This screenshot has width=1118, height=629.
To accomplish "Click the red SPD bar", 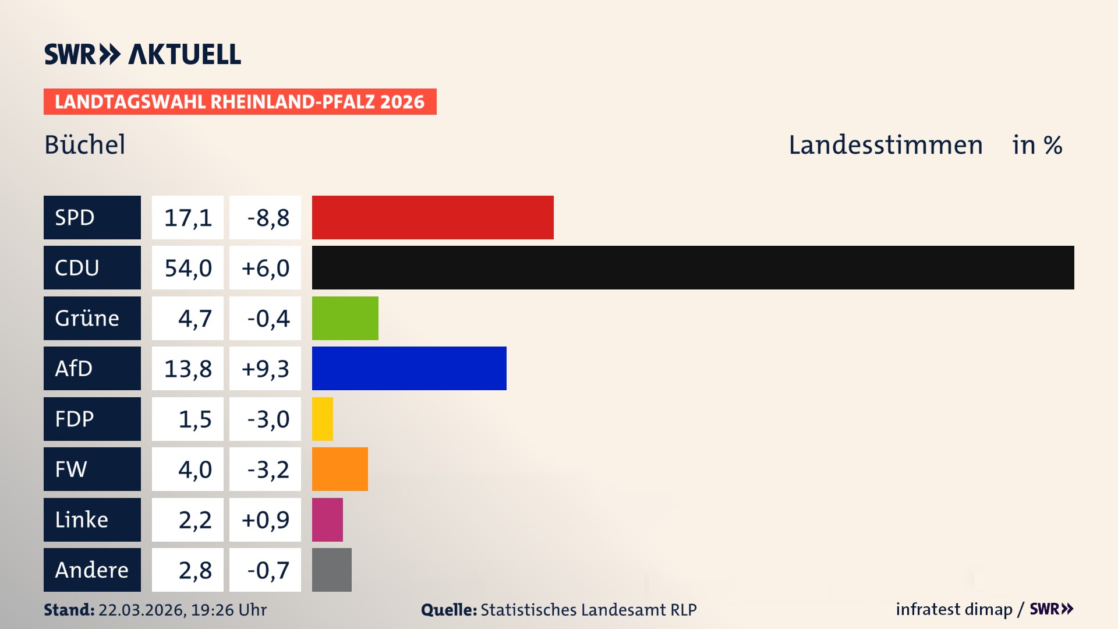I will (x=433, y=217).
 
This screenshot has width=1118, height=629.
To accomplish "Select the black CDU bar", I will (x=693, y=267).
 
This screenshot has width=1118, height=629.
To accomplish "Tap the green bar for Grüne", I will (x=345, y=318).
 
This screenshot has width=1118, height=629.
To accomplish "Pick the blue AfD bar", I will (x=409, y=368).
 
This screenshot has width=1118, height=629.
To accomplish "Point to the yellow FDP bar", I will (x=323, y=419).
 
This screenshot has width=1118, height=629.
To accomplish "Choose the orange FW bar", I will (x=339, y=469).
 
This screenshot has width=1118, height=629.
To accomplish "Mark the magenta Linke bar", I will (x=327, y=520).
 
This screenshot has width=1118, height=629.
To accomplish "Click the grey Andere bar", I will (x=331, y=570).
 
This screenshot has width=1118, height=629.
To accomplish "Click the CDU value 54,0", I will (x=187, y=268).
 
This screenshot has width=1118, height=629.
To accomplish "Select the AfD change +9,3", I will (x=265, y=369).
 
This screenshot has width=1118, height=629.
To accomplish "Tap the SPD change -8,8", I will (x=267, y=218).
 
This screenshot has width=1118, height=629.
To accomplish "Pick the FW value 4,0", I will (x=194, y=469).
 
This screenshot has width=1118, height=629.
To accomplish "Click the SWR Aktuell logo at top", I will (x=142, y=54).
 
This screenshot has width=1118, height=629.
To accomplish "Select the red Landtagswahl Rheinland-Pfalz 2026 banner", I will (x=239, y=101).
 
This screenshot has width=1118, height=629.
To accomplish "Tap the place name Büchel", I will (x=85, y=144).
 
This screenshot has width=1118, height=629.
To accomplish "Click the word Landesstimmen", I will (x=885, y=144).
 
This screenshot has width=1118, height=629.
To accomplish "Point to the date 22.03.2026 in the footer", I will (x=141, y=610).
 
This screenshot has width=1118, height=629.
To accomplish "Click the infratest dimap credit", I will (x=953, y=609).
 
